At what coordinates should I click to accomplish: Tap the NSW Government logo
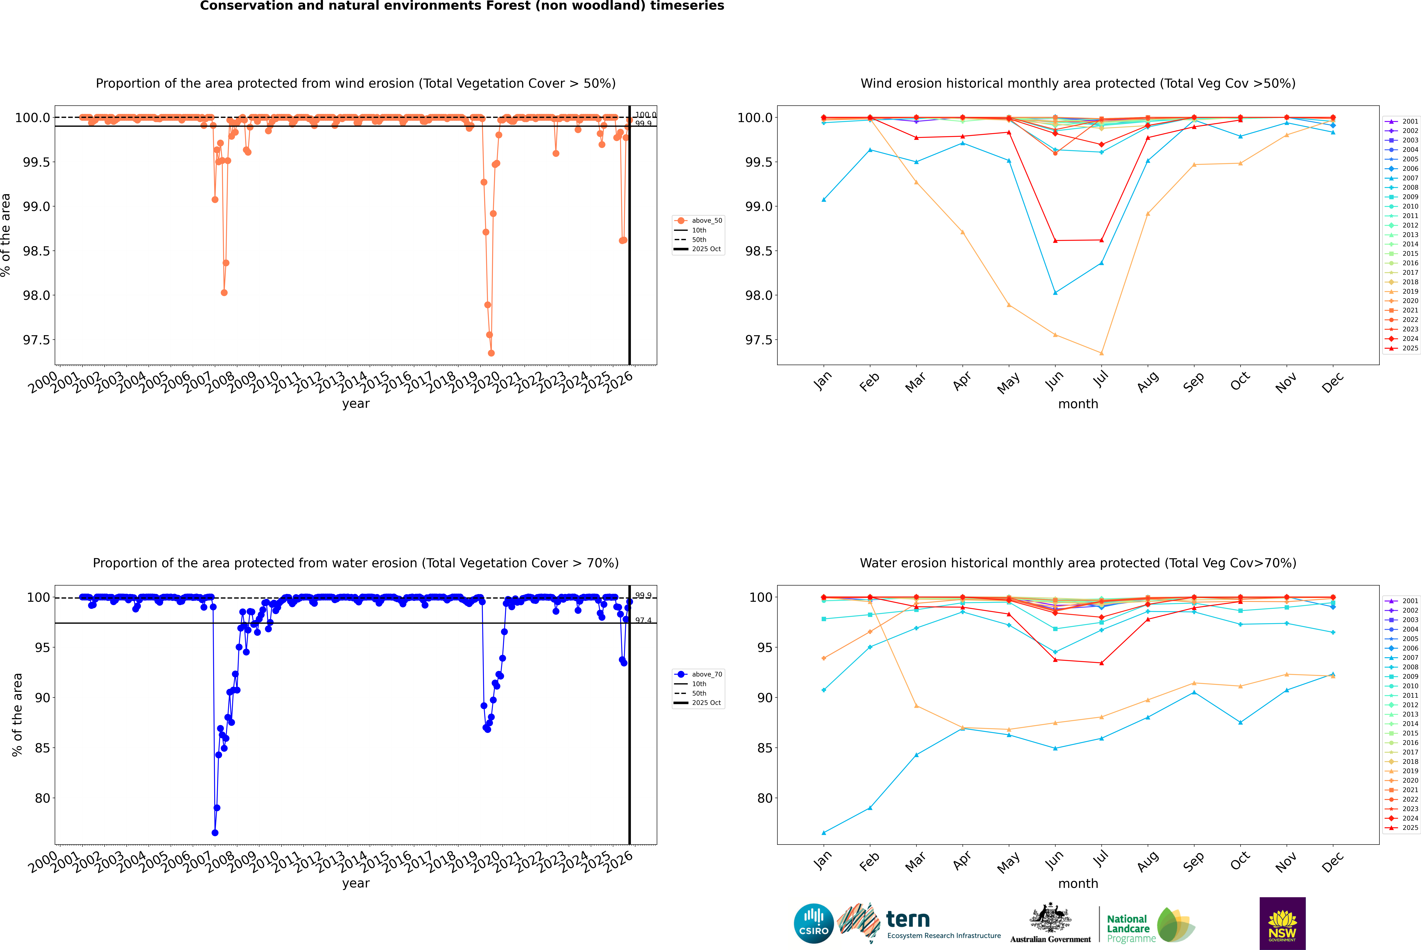(x=1282, y=923)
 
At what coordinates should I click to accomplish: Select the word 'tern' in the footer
(x=907, y=920)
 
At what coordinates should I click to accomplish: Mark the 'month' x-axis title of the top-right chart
(x=1078, y=404)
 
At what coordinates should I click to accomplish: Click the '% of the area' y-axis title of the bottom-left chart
(x=17, y=715)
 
